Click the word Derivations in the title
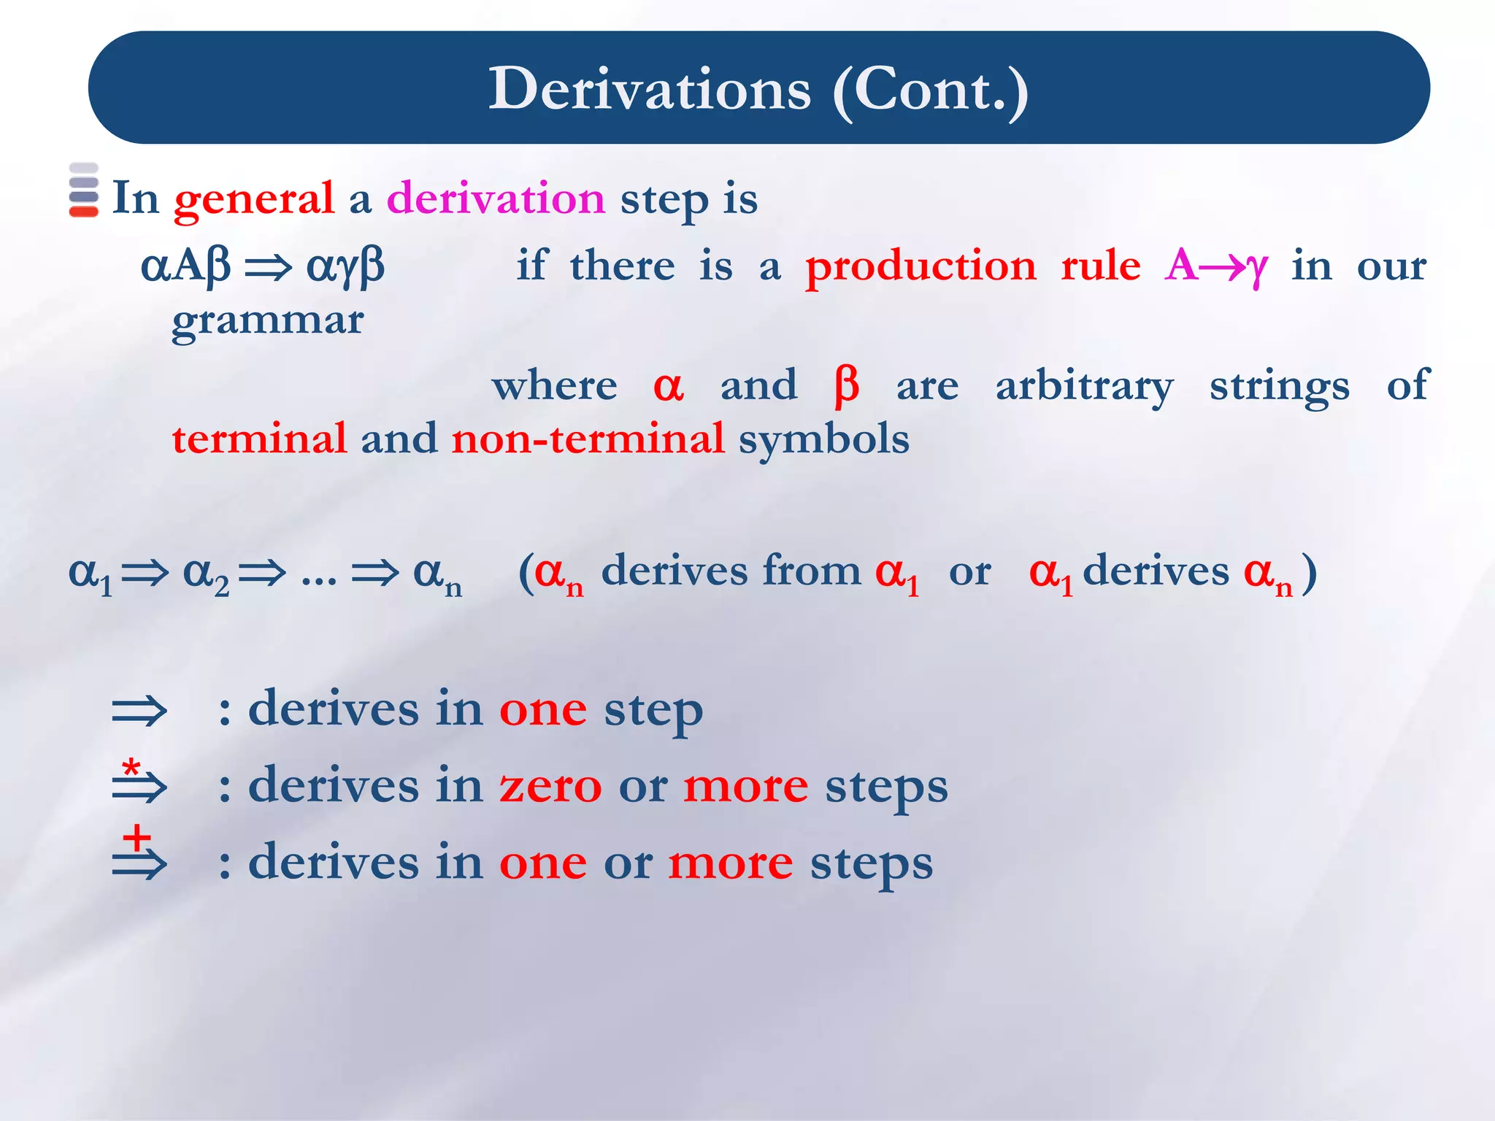click(649, 89)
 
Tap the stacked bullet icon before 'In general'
click(83, 190)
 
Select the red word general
click(253, 199)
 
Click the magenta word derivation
click(496, 199)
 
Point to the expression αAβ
click(185, 266)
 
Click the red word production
click(921, 266)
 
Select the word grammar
click(267, 321)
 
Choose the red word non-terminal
click(588, 439)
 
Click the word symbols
click(823, 439)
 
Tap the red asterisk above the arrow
click(131, 767)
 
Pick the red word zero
click(550, 787)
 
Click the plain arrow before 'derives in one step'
click(139, 711)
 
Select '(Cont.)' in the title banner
click(930, 89)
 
